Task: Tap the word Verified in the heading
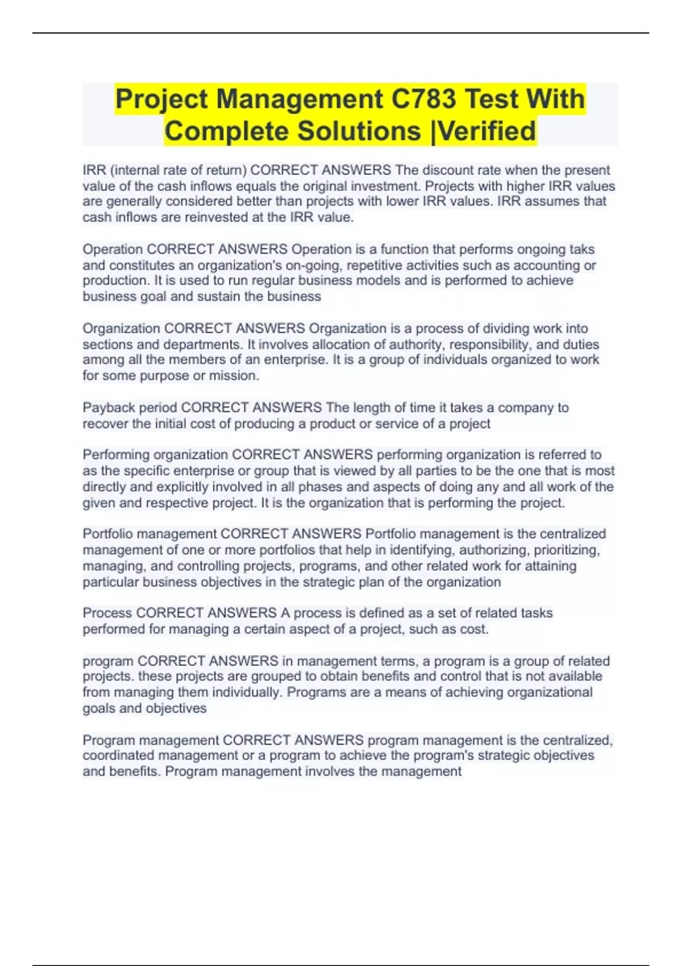(x=487, y=131)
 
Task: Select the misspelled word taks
(x=582, y=249)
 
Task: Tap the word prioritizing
(x=566, y=550)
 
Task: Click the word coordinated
(x=118, y=756)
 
